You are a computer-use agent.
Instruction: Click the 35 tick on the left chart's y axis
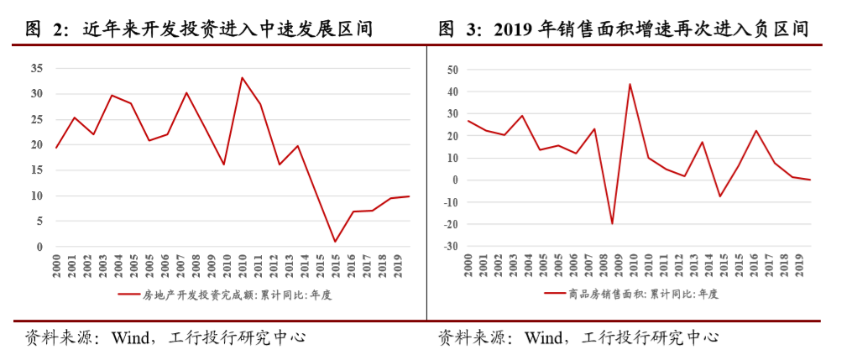click(x=36, y=68)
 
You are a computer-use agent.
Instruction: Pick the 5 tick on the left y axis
click(x=39, y=222)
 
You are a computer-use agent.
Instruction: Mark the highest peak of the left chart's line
click(x=243, y=77)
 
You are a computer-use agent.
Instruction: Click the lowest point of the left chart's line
click(x=334, y=242)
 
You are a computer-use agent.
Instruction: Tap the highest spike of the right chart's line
click(x=630, y=84)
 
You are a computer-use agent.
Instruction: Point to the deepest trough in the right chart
click(x=612, y=224)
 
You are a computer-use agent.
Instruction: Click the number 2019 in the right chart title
click(x=515, y=29)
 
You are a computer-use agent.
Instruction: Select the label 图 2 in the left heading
click(x=46, y=29)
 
